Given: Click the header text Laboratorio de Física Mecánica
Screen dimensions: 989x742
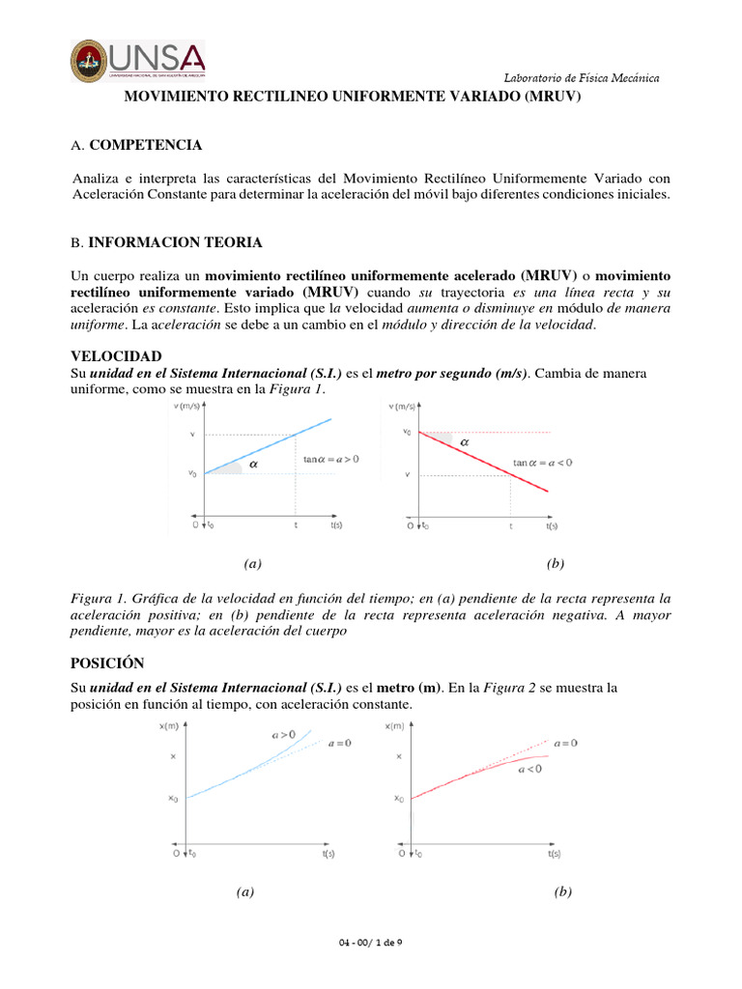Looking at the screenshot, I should point(583,77).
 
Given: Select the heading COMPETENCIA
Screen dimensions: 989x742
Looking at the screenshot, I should point(145,145).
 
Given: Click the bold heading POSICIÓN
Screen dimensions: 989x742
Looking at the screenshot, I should point(107,663).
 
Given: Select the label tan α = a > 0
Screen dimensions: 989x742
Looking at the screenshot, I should point(330,460).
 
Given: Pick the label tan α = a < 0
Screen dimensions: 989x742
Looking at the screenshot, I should point(542,463).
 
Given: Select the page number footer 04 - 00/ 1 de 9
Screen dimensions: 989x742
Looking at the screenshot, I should point(372,942).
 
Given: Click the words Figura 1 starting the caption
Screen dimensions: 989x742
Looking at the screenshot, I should point(100,598).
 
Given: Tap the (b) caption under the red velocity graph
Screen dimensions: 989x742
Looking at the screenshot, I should point(555,563).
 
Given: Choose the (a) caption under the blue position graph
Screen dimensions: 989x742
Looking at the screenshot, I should point(244,892).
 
